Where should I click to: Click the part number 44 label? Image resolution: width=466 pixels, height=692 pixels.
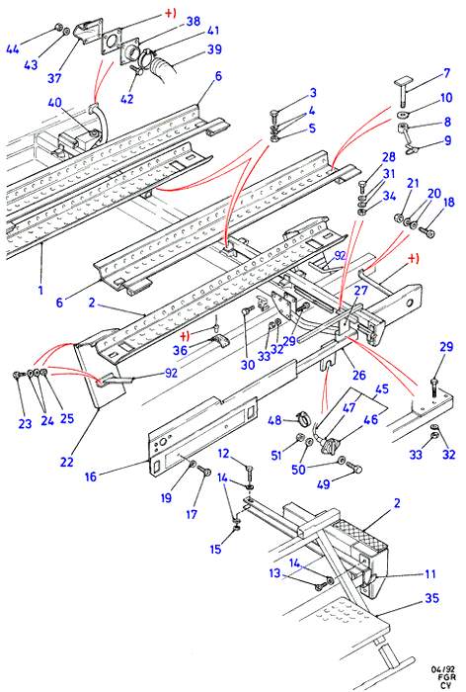click(x=13, y=48)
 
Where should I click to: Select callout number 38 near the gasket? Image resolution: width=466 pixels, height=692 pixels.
click(x=194, y=21)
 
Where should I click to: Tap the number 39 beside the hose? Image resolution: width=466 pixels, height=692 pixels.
click(x=214, y=48)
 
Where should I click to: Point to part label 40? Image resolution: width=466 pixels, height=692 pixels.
click(x=54, y=103)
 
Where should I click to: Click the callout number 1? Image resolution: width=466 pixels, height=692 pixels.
click(x=40, y=290)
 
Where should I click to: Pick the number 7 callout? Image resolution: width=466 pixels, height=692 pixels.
click(x=446, y=73)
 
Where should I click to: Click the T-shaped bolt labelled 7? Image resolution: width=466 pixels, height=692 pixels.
click(x=404, y=91)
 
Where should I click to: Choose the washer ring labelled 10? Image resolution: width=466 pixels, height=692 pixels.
click(x=402, y=115)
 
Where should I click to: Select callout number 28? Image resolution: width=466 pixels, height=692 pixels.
click(x=388, y=157)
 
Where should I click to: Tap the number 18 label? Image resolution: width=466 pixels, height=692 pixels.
click(x=449, y=202)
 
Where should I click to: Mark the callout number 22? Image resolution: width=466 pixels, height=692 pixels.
click(x=66, y=462)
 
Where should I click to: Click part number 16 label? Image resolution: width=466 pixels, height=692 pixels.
click(x=91, y=476)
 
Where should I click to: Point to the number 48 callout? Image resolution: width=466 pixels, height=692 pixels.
click(x=274, y=419)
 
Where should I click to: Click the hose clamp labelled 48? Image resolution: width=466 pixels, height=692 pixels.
click(x=302, y=416)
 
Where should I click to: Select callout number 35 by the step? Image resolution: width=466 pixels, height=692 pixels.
click(x=432, y=597)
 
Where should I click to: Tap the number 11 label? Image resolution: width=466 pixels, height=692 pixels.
click(x=430, y=573)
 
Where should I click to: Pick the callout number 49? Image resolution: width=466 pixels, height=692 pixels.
click(x=323, y=483)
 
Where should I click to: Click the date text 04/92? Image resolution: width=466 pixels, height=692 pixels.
click(x=441, y=670)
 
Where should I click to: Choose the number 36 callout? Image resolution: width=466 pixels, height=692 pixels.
click(x=181, y=350)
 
